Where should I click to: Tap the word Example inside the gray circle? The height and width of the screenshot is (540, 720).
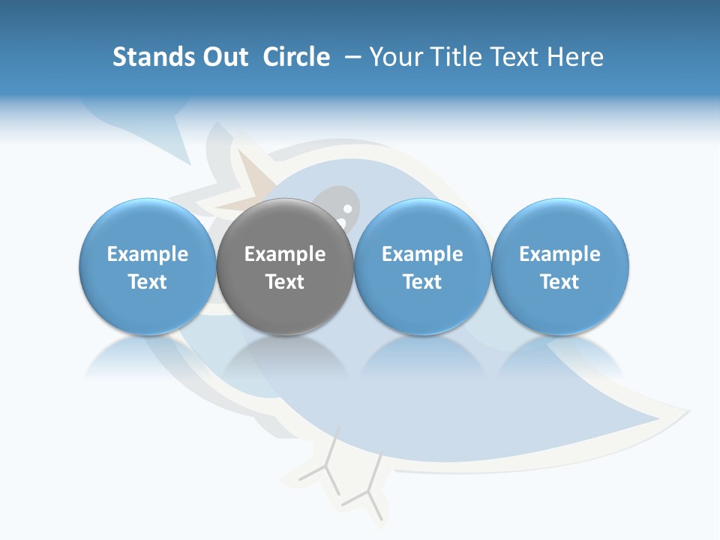284,254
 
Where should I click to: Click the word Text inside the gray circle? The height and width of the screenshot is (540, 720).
284,282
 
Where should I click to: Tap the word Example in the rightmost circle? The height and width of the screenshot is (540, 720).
559,254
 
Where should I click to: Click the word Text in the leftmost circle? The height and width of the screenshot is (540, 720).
147,282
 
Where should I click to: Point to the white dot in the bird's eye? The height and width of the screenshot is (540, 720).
347,208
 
